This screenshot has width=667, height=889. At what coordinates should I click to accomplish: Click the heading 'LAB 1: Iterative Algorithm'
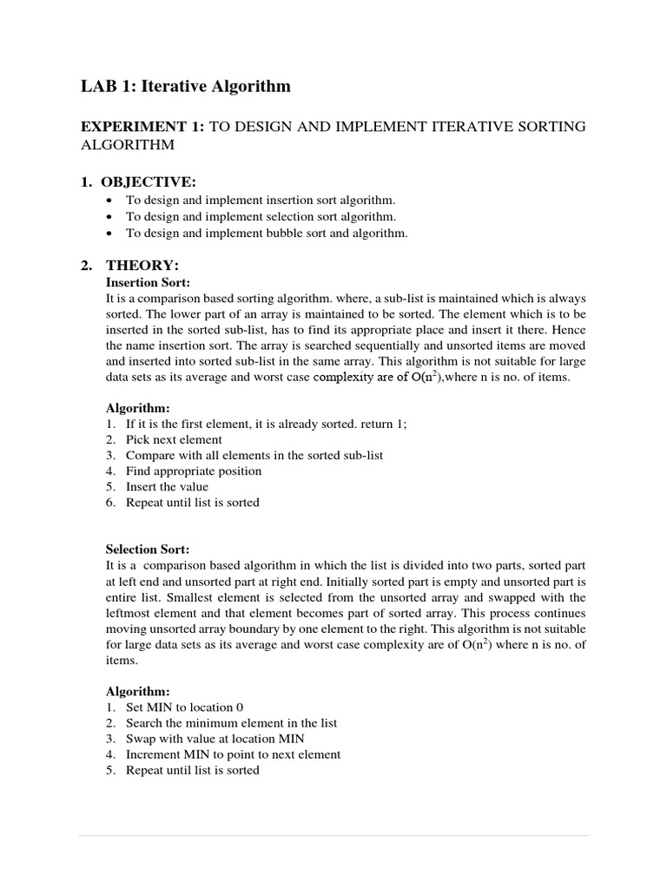(186, 86)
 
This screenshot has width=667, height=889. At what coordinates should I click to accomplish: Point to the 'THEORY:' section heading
(142, 265)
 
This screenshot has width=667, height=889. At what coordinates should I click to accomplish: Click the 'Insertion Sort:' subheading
(148, 282)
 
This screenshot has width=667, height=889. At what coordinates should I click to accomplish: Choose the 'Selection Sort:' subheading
(148, 550)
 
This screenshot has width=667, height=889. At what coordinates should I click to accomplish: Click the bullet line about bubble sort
(266, 233)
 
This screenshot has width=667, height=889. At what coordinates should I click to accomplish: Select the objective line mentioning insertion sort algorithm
(260, 200)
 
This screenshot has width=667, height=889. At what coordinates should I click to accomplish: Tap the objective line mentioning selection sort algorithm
(261, 216)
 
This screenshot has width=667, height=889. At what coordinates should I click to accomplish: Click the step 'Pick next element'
(174, 439)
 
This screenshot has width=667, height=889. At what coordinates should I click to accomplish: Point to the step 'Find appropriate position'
(194, 471)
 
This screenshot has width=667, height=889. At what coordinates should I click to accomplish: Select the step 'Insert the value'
(167, 486)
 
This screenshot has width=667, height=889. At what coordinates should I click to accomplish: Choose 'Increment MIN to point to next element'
(233, 754)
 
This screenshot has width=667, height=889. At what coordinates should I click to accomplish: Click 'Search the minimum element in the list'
(231, 722)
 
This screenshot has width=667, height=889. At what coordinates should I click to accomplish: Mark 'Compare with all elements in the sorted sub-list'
(254, 455)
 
